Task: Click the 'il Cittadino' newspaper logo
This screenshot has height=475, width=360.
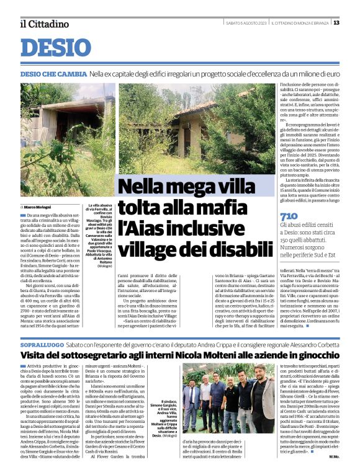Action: tap(44, 24)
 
